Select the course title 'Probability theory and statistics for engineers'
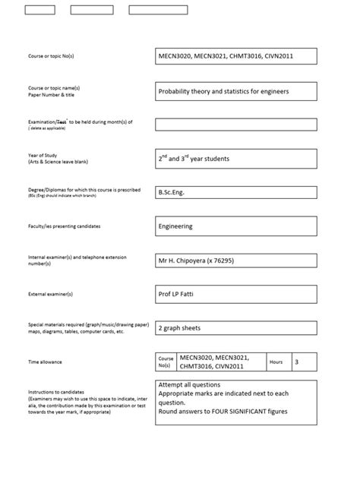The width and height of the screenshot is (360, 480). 223,92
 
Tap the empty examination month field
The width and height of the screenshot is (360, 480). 235,125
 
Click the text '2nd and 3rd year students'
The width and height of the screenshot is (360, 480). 193,159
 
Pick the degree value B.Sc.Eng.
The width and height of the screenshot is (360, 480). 171,192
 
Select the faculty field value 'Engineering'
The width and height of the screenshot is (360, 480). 175,226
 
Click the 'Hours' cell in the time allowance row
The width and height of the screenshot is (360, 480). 276,362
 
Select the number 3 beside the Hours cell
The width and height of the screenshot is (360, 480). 296,362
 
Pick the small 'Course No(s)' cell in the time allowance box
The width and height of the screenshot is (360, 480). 166,362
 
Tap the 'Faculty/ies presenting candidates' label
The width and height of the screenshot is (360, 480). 64,226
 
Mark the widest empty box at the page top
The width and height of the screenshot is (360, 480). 158,10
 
